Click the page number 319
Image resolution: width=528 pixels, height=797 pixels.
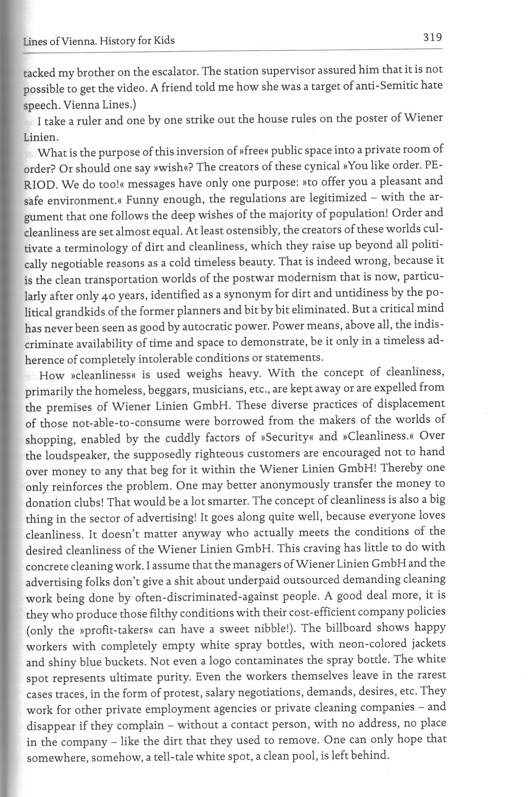tap(428, 37)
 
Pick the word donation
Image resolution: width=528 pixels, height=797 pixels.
tap(48, 503)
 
